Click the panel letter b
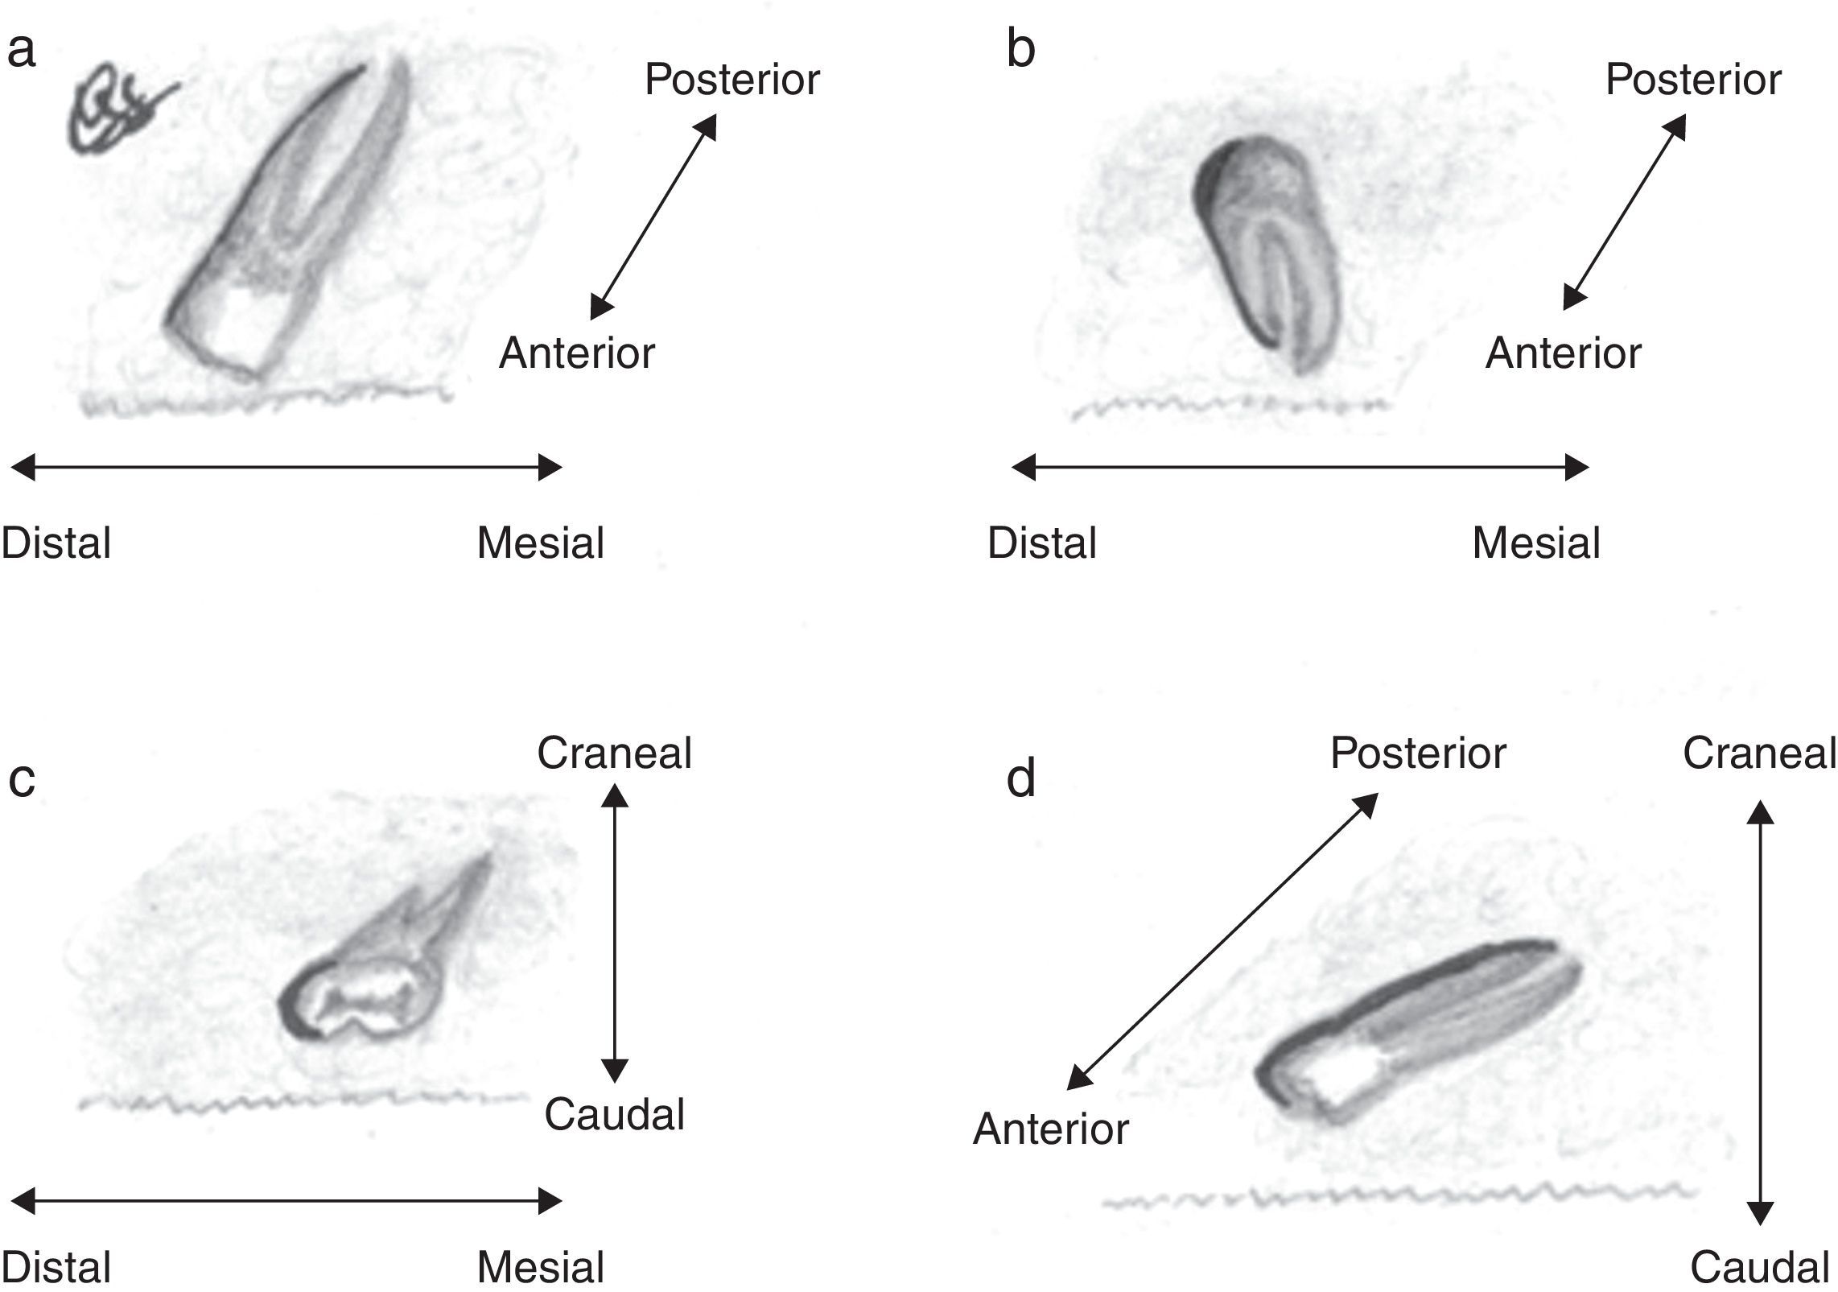pos(1020,50)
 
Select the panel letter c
pos(22,779)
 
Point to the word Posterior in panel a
pos(731,80)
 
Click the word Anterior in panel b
pos(1563,353)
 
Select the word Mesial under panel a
pos(540,543)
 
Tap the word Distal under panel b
pos(1041,543)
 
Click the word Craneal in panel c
pos(614,753)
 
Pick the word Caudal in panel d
pos(1759,1268)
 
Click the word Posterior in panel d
pos(1417,753)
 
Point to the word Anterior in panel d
pos(1050,1129)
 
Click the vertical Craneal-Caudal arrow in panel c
pos(615,934)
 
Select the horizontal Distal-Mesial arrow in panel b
pos(1300,467)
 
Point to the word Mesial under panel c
pos(540,1268)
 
